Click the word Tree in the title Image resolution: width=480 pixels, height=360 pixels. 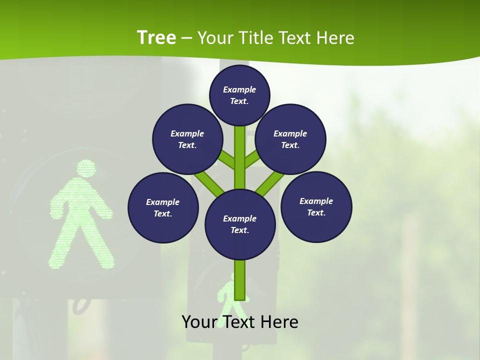(x=156, y=38)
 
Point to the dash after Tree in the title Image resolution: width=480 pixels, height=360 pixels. (x=186, y=38)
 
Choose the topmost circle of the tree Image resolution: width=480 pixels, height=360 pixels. (x=239, y=95)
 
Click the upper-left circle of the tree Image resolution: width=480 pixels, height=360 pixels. (x=187, y=139)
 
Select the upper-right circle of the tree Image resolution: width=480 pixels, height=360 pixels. (x=290, y=139)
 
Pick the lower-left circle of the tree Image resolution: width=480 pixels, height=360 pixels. (x=163, y=207)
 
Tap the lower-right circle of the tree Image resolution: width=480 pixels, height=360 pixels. (x=316, y=206)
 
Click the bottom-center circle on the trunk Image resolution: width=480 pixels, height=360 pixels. (x=240, y=224)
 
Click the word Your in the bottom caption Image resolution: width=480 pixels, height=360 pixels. (x=199, y=322)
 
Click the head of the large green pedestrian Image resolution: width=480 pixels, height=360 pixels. (x=86, y=168)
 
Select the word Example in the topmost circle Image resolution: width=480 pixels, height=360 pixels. (x=239, y=89)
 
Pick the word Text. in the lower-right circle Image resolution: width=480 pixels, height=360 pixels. (x=316, y=212)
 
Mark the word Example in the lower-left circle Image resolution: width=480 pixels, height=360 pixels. (x=162, y=202)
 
